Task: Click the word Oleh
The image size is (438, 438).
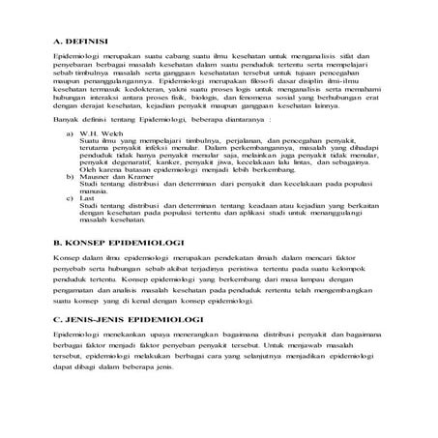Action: pyautogui.click(x=91, y=192)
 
